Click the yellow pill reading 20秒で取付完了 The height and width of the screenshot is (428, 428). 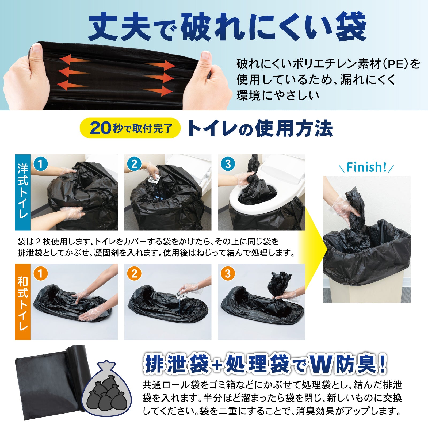click(130, 128)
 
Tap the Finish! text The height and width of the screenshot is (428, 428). click(366, 167)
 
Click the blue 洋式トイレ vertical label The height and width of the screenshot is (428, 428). click(23, 192)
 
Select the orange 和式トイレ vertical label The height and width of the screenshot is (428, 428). click(23, 302)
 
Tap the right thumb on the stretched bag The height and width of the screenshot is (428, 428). click(205, 57)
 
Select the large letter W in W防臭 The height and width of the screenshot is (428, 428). click(322, 364)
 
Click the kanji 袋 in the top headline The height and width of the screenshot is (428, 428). click(350, 27)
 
